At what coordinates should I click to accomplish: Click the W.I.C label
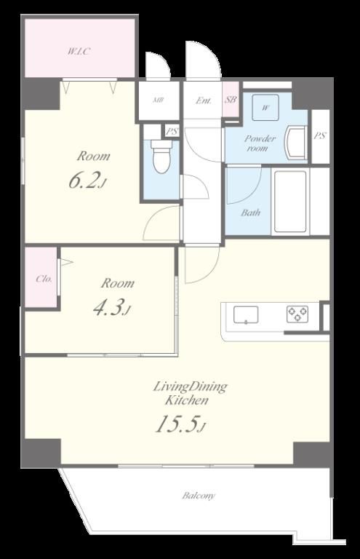tap(79, 52)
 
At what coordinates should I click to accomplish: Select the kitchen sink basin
tap(246, 314)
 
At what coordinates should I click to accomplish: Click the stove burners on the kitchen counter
tap(297, 314)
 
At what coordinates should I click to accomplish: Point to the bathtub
tap(290, 201)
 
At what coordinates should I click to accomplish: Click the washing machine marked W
tap(265, 107)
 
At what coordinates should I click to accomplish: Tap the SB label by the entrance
tap(231, 100)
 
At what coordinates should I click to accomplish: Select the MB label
tap(158, 100)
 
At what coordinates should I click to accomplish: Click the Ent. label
tap(204, 100)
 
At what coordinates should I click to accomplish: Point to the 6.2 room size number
tap(87, 181)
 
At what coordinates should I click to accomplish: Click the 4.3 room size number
tap(111, 308)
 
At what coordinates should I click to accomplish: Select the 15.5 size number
tap(180, 424)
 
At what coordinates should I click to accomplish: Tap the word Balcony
tap(199, 496)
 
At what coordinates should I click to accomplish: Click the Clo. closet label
tap(44, 279)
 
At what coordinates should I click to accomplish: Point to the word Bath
tap(251, 213)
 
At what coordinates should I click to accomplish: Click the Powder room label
tap(260, 143)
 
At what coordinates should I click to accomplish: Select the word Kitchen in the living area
tap(186, 400)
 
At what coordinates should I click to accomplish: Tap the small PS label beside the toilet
tap(172, 132)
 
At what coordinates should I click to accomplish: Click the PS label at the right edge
tap(320, 136)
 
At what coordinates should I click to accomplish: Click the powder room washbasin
tap(296, 143)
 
